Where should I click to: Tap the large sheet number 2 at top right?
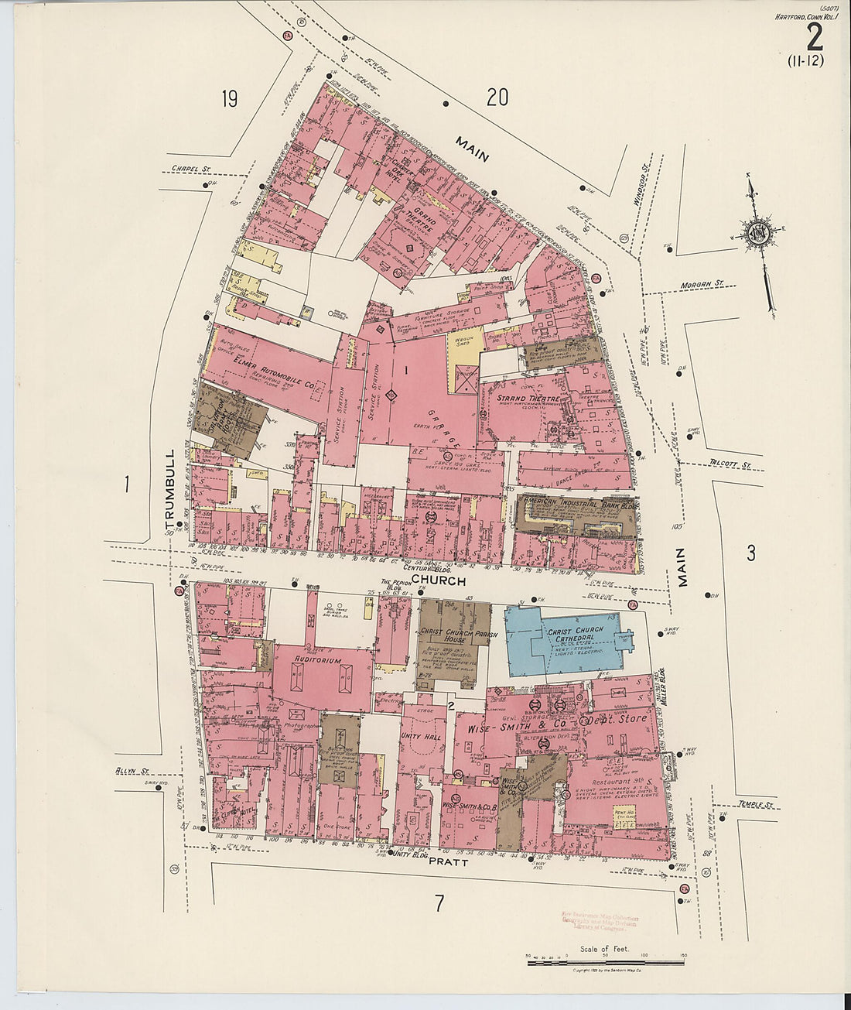pos(813,37)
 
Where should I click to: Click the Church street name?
pos(439,580)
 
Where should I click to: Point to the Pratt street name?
pos(449,861)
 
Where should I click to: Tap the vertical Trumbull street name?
pos(171,488)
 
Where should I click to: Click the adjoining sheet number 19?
pos(228,99)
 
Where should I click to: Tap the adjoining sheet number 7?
pos(439,902)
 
